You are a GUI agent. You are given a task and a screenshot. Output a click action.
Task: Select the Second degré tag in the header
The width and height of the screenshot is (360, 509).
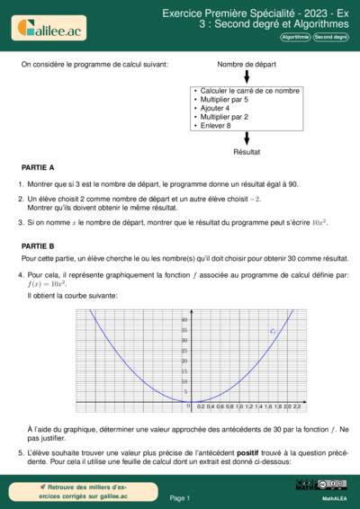point(330,38)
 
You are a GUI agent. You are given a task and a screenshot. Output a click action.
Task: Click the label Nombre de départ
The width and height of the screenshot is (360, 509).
point(246,65)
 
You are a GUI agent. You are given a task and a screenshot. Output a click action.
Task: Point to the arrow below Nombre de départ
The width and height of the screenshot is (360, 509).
point(246,76)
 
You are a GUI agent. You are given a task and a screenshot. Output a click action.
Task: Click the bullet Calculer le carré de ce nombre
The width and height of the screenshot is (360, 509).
point(249,91)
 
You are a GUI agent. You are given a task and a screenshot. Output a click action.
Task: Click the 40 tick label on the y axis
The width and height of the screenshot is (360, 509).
point(184,320)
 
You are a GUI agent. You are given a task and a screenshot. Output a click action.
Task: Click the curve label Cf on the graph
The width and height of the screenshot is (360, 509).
point(274,332)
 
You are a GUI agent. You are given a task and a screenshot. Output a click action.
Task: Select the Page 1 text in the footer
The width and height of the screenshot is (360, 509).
point(180,497)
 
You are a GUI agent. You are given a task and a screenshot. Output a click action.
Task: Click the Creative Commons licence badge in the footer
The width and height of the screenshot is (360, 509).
point(334,486)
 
